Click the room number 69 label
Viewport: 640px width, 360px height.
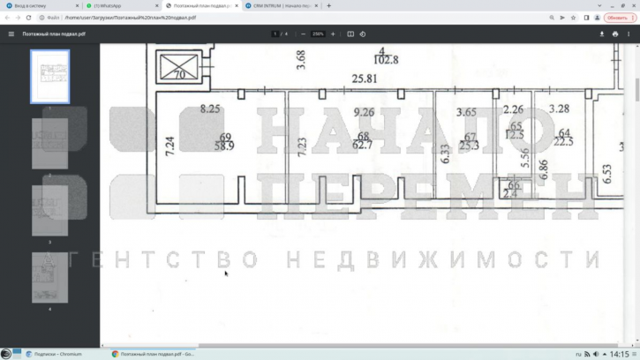point(226,137)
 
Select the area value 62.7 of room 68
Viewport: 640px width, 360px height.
point(362,145)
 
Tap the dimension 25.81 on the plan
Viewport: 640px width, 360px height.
point(365,79)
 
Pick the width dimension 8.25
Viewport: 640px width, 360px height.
point(209,109)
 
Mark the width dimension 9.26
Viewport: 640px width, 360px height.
point(364,112)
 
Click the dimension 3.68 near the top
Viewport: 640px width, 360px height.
point(301,60)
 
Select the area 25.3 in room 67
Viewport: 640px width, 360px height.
point(469,145)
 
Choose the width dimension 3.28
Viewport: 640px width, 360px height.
point(559,109)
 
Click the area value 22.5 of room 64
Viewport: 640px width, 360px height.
point(563,142)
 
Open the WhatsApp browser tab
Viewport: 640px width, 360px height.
point(110,5)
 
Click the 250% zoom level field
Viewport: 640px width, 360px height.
point(318,34)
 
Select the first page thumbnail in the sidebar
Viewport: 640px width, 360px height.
point(50,77)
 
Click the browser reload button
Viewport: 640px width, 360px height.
point(29,18)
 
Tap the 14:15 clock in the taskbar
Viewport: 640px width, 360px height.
point(619,354)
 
